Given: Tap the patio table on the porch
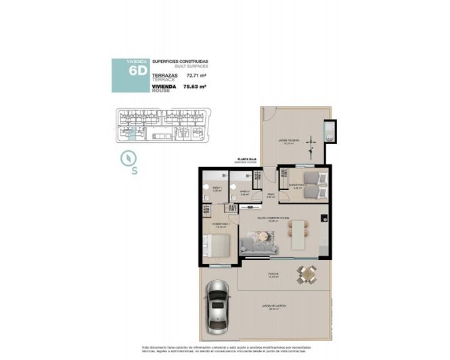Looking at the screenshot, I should click(x=307, y=273).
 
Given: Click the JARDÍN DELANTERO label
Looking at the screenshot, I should click(x=271, y=307).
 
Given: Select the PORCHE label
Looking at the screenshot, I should click(x=273, y=274).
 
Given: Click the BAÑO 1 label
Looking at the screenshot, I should click(x=217, y=187).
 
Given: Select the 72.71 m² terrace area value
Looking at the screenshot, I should click(x=196, y=76).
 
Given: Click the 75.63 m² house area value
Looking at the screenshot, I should click(x=196, y=87).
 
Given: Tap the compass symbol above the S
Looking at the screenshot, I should click(x=126, y=158).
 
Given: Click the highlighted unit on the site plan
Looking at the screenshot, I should click(x=133, y=133).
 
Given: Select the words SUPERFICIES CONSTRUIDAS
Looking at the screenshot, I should click(x=180, y=62).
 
